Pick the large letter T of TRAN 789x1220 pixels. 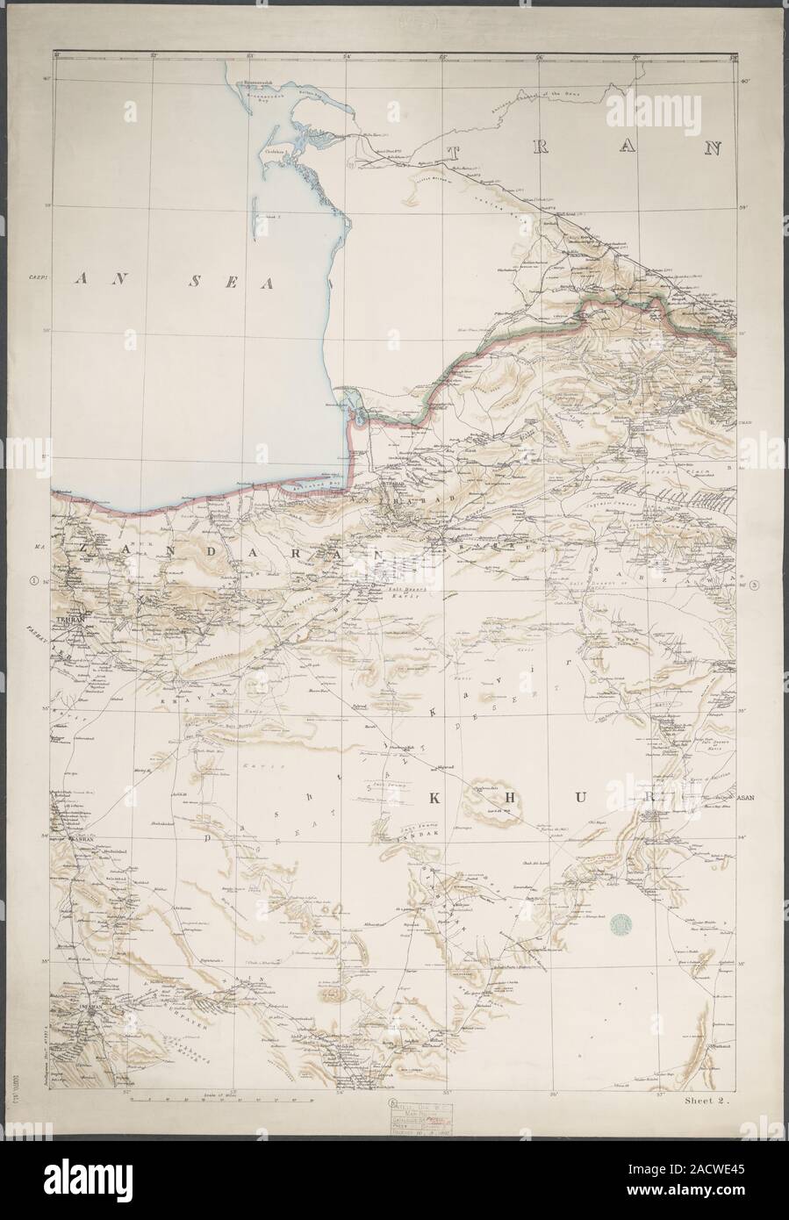[x=455, y=154]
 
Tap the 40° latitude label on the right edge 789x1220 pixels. [x=744, y=82]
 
